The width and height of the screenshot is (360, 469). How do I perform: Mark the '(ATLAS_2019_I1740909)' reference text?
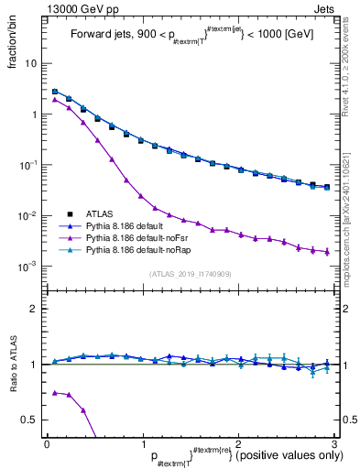[189, 274]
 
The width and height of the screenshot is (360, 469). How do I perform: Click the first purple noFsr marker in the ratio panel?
[55, 392]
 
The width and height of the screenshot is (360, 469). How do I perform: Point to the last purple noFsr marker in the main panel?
[327, 252]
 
